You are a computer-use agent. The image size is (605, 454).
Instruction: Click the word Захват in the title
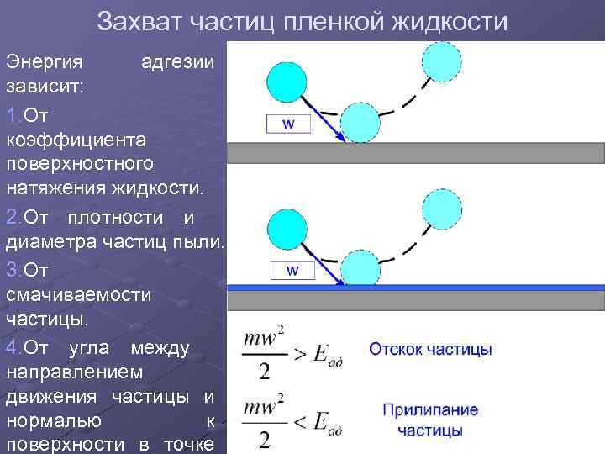pos(137,21)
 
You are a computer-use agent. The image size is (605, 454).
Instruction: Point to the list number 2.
pos(13,218)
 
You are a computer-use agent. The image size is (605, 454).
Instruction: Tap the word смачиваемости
pos(79,294)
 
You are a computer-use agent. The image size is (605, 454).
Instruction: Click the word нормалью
pos(55,420)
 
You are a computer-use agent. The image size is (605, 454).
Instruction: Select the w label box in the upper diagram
pos(288,124)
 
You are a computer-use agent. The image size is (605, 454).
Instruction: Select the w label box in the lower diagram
pos(292,270)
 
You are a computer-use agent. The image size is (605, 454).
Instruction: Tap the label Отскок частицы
pos(430,349)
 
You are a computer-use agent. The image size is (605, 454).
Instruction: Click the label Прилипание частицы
pos(430,420)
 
